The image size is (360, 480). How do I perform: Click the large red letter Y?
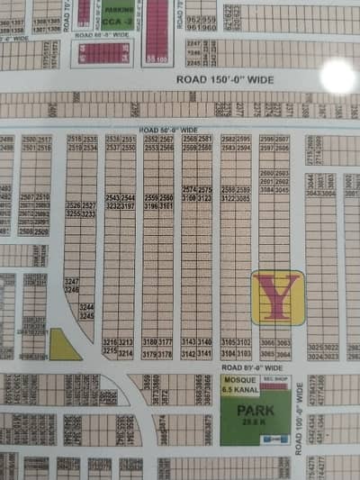coord(277,297)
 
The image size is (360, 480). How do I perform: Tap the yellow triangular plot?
coord(64,344)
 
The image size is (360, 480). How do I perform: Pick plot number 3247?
coord(72,282)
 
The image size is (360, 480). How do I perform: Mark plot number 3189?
coord(150,342)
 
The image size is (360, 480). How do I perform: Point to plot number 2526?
coord(74,205)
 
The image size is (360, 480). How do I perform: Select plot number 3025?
coord(313,347)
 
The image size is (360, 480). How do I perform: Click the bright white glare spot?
coord(337,77)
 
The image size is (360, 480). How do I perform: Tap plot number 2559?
coord(150,196)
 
